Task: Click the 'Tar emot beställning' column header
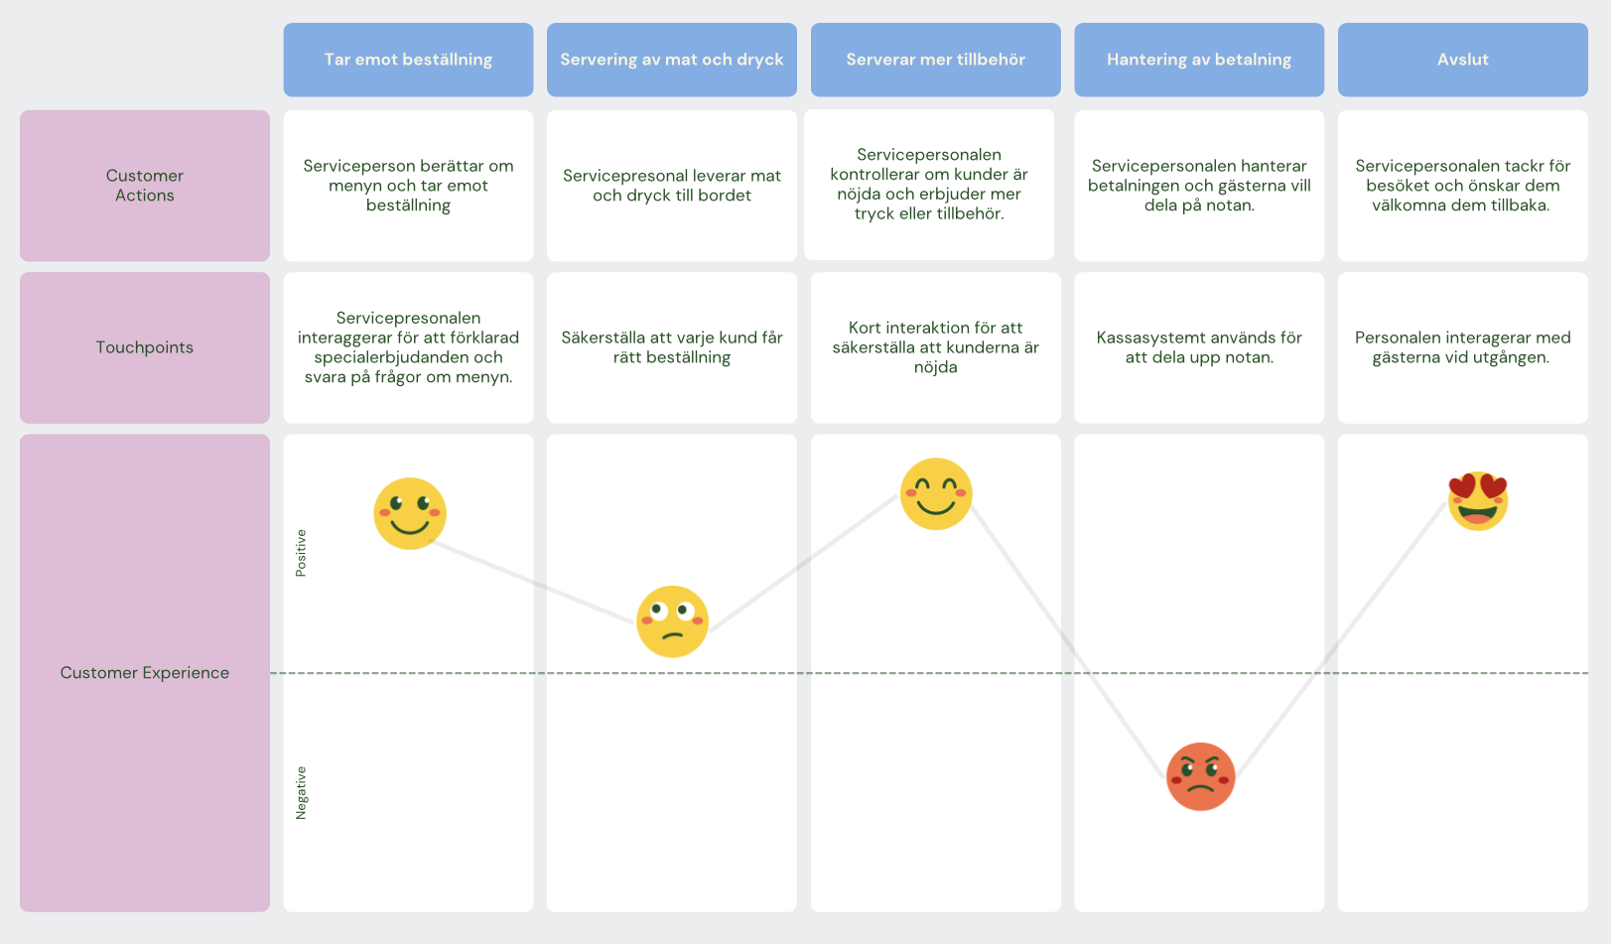[x=408, y=60]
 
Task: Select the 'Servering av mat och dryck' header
[x=672, y=60]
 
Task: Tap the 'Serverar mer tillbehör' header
[x=936, y=60]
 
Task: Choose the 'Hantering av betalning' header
[x=1199, y=60]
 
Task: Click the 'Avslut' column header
[x=1463, y=60]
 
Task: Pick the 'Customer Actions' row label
[x=145, y=186]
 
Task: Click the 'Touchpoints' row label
[x=145, y=347]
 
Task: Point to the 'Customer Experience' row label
[x=145, y=672]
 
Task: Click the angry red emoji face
[x=1200, y=776]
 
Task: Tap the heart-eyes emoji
[x=1477, y=501]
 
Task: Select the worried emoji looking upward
[x=672, y=621]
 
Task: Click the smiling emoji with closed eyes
[x=936, y=494]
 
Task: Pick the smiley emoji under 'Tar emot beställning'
[x=410, y=513]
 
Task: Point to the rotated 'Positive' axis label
[x=301, y=553]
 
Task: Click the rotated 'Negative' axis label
[x=301, y=792]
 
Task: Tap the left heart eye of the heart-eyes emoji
[x=1462, y=486]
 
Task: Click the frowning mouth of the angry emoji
[x=1200, y=788]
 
